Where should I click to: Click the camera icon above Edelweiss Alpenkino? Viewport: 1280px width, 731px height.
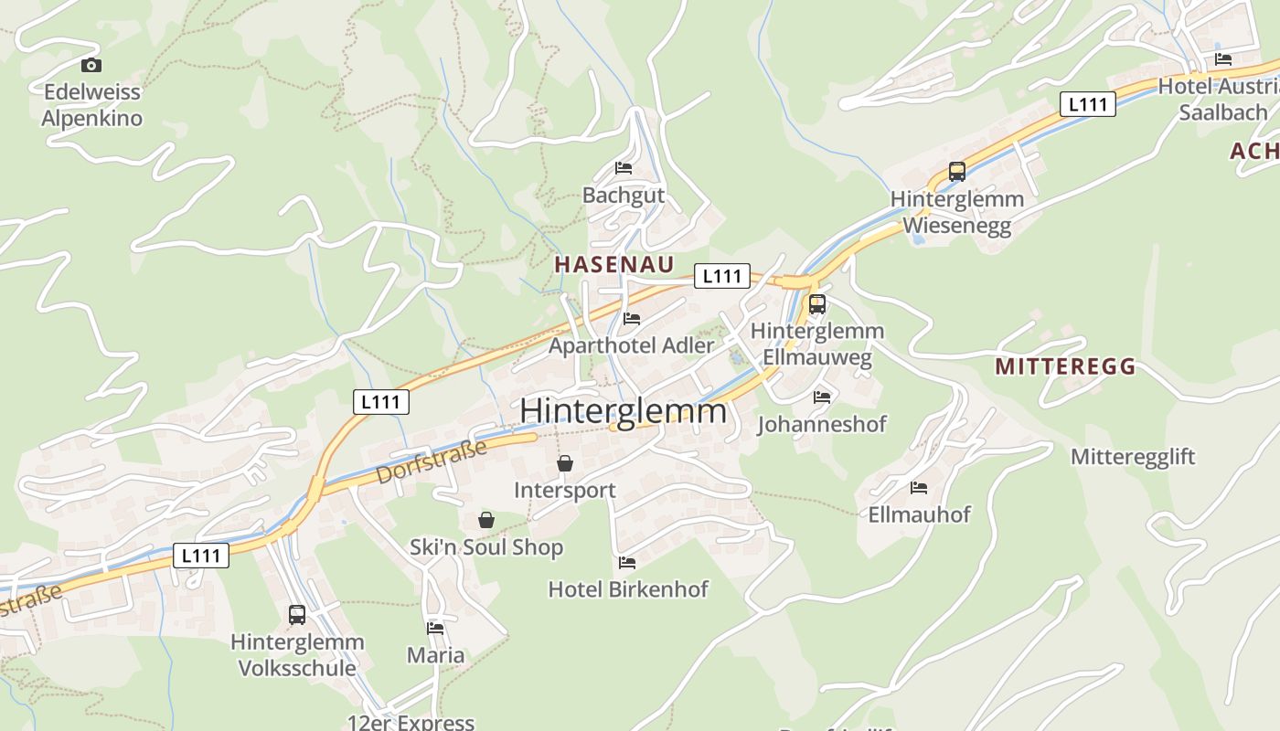point(91,65)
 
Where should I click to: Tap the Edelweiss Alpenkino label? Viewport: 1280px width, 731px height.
point(92,105)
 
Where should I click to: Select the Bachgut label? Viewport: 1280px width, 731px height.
point(624,196)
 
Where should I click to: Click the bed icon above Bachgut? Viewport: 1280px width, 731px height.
point(624,168)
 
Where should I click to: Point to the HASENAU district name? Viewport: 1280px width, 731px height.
point(614,265)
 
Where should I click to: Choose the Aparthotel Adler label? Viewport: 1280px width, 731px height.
point(631,346)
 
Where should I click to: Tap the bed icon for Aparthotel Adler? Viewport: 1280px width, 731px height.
point(631,319)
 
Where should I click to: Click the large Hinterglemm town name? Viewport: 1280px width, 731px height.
point(624,411)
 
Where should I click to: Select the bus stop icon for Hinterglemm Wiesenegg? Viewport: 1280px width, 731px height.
point(956,171)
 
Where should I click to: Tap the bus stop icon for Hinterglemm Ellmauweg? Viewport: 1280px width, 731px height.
point(817,304)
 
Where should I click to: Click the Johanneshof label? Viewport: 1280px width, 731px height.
point(822,425)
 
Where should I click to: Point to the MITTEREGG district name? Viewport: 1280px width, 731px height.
point(1065,367)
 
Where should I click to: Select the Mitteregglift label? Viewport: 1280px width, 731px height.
point(1133,457)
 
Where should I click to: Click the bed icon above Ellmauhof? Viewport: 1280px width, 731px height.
point(919,488)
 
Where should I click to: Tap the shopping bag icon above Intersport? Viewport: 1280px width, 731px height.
point(565,463)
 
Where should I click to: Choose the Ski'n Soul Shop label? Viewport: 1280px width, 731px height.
point(486,548)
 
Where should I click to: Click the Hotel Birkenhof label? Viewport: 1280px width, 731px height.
point(628,589)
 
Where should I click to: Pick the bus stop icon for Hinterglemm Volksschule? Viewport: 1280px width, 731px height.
point(297,615)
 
